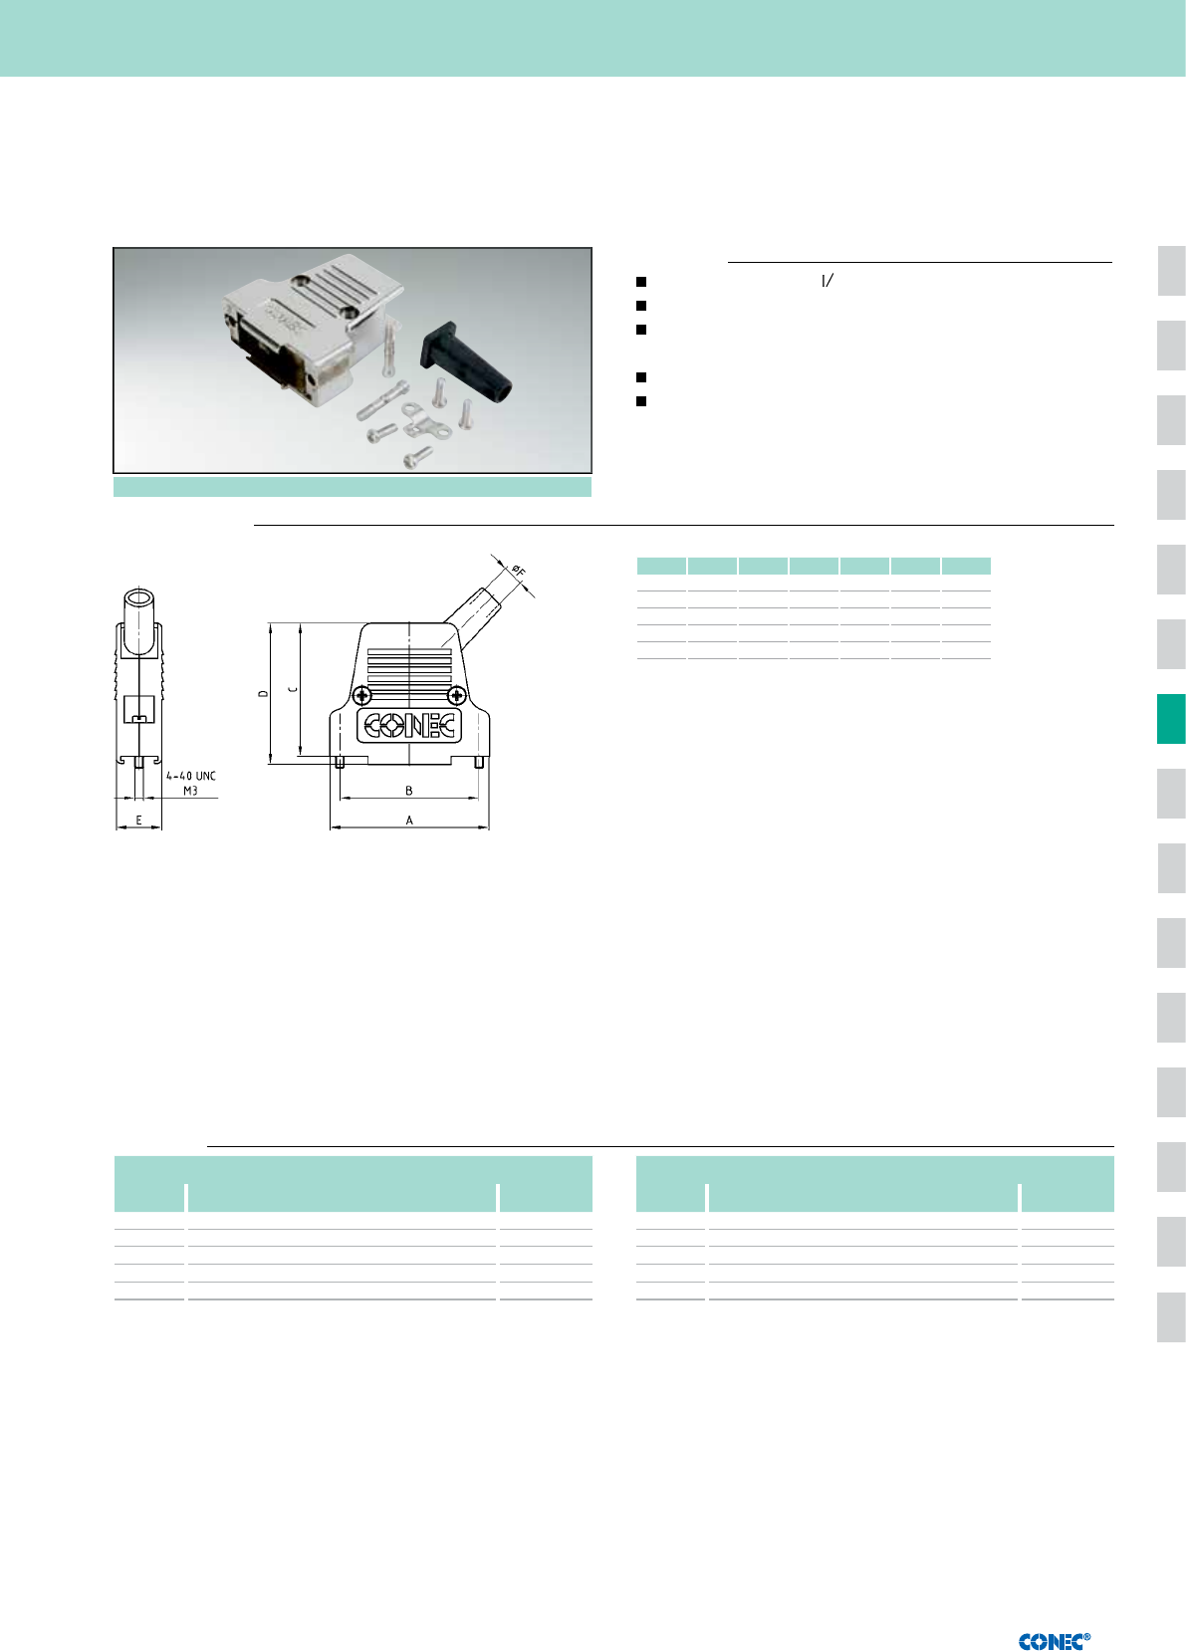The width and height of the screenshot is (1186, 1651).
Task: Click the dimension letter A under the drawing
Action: (x=409, y=820)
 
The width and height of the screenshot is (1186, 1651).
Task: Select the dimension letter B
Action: (x=409, y=790)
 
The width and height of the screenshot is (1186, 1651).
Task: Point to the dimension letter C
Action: (x=293, y=689)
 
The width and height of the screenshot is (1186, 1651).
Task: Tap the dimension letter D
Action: (x=263, y=694)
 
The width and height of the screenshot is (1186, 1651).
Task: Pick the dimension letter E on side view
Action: (x=138, y=820)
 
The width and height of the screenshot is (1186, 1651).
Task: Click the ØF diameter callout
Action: (x=518, y=571)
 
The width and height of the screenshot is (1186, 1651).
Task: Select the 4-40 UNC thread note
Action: (x=191, y=776)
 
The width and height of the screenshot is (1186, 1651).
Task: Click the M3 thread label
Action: (x=190, y=791)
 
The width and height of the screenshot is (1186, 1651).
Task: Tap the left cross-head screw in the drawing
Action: (x=361, y=695)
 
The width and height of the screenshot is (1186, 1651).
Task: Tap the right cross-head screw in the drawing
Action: (x=457, y=695)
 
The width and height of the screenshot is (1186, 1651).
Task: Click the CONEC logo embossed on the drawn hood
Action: (x=409, y=726)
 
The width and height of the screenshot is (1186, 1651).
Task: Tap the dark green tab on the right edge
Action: (x=1170, y=719)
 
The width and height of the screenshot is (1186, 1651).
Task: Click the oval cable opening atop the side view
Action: (x=138, y=597)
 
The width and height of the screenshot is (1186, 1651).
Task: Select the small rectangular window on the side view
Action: (x=138, y=708)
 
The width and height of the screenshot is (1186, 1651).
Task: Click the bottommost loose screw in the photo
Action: (x=418, y=458)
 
